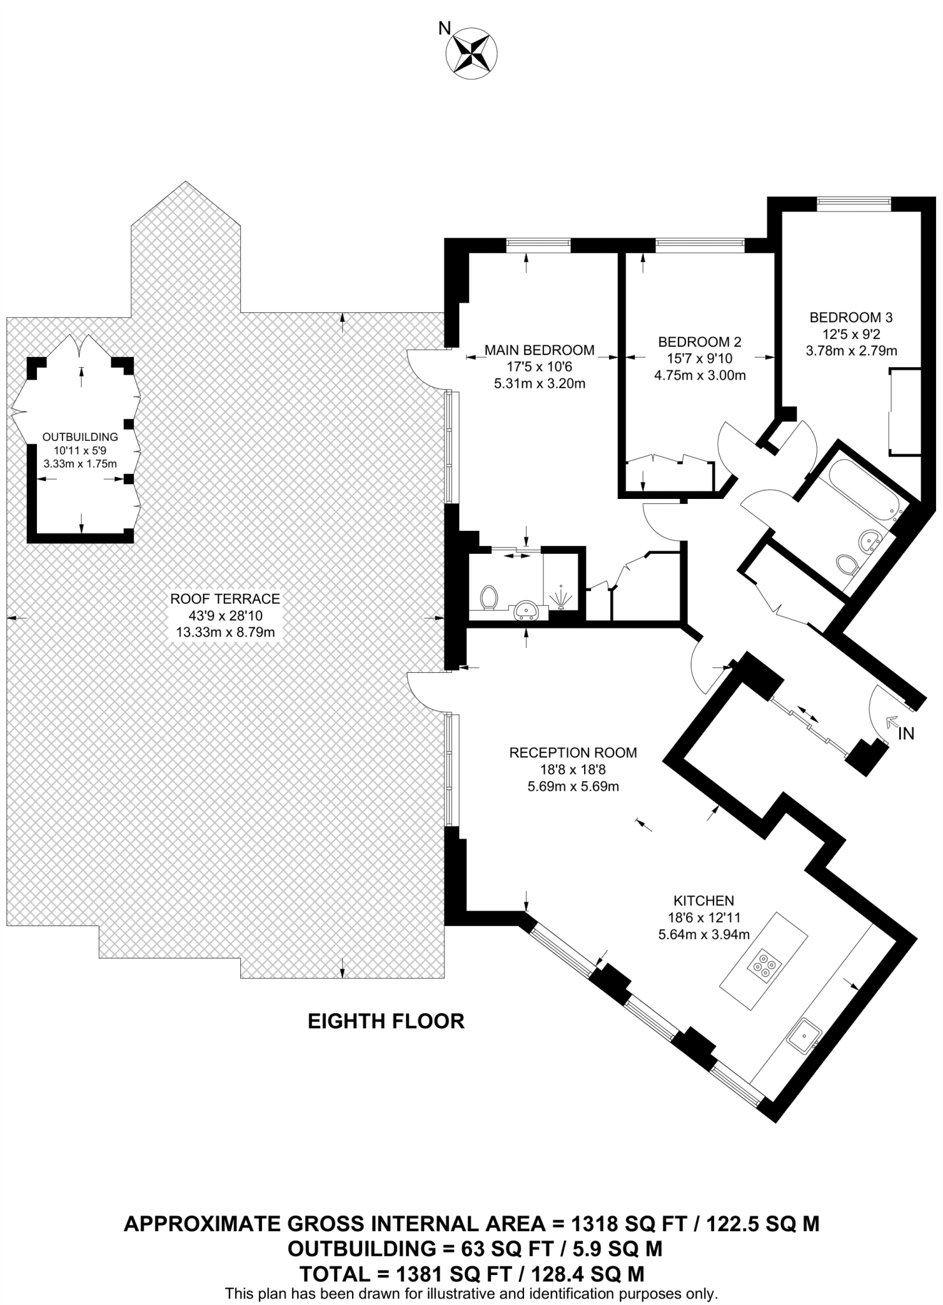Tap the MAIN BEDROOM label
click(539, 350)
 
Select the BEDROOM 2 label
click(699, 342)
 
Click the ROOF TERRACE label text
click(225, 599)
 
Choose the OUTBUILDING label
click(80, 437)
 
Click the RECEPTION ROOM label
click(573, 753)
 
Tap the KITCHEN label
click(703, 901)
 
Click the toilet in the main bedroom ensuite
click(489, 597)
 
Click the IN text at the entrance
click(905, 734)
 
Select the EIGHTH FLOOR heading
click(386, 1021)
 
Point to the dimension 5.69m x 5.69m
click(573, 786)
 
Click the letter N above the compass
click(444, 27)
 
